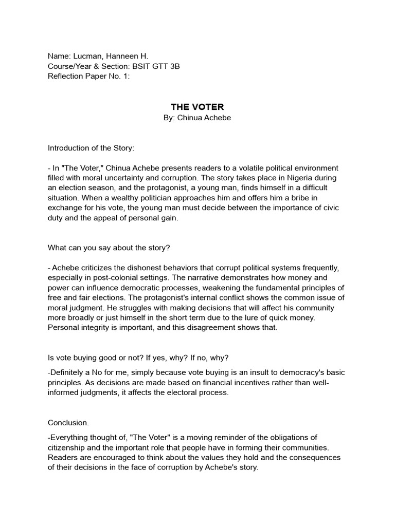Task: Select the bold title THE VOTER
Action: tap(197, 107)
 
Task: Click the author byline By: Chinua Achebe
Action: tap(197, 118)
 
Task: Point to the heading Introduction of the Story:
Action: tap(91, 148)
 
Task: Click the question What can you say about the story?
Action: tap(109, 248)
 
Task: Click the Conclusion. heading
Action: tap(68, 423)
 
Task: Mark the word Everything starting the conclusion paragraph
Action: tap(70, 438)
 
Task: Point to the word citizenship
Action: tap(68, 447)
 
